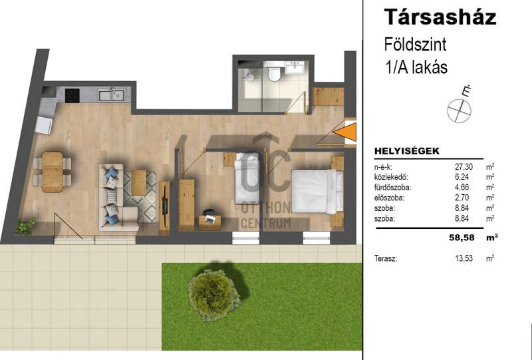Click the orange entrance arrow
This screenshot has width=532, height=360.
[346, 132]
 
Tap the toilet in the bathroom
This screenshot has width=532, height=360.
[273, 73]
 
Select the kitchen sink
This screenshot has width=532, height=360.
[111, 95]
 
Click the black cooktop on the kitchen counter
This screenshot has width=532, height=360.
[72, 95]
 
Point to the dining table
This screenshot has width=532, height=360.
[53, 172]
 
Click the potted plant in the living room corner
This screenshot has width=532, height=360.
[25, 226]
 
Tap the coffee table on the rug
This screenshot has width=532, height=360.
[138, 183]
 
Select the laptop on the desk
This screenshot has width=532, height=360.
[209, 220]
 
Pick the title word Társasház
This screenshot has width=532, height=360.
[440, 17]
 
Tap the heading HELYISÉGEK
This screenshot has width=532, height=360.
[407, 151]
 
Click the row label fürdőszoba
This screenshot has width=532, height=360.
[392, 188]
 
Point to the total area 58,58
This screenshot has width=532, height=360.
[462, 238]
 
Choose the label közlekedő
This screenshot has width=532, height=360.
[391, 177]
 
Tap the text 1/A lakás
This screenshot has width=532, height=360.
[416, 67]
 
